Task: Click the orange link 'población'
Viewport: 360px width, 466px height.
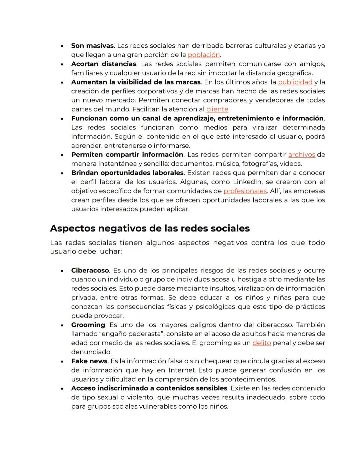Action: [204, 55]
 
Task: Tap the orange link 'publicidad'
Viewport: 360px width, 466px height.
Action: [295, 82]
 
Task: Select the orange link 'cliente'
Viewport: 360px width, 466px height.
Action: [217, 109]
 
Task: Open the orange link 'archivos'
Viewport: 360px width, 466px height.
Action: [302, 155]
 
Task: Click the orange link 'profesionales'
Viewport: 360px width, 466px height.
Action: [245, 191]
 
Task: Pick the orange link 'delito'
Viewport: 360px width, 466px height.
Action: [262, 343]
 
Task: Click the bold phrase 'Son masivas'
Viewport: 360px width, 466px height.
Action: [92, 46]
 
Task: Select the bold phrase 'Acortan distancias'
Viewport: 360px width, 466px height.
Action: [104, 64]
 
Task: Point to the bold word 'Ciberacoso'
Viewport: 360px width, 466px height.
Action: [90, 271]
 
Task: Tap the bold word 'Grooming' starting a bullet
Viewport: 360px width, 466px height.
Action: [88, 325]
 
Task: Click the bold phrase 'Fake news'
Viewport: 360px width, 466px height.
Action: [89, 361]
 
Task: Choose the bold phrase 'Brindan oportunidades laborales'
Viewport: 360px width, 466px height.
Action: [127, 173]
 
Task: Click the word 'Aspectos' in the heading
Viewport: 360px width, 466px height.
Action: [70, 228]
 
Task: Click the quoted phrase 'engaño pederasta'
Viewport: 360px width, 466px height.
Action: [134, 334]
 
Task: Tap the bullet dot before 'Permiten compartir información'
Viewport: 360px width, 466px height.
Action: [62, 155]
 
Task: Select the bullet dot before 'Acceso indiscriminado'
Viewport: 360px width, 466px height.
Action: [62, 389]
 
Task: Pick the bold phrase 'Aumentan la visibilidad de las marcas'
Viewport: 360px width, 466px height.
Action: [136, 82]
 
